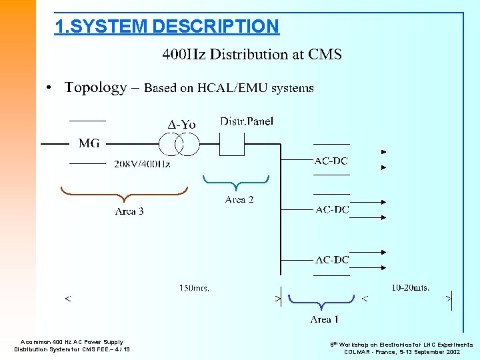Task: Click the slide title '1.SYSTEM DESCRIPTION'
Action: coord(167,27)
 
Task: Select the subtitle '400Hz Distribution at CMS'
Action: coord(252,55)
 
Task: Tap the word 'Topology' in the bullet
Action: coord(95,87)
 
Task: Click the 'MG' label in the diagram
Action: coord(89,143)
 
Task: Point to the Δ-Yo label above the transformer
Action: coord(181,125)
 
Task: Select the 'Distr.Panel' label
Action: coord(247,121)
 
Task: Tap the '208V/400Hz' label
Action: coord(142,164)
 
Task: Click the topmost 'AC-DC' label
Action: coord(331,161)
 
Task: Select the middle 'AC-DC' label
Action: coord(332,210)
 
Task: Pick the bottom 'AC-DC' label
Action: coord(332,259)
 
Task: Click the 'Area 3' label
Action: coord(129,211)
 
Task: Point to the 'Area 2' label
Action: coord(239,199)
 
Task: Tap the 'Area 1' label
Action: coord(324,319)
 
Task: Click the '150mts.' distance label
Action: coord(194,288)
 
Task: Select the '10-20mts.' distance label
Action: coord(410,288)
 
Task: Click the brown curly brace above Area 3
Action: coord(123,195)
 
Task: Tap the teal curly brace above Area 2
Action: coord(236,182)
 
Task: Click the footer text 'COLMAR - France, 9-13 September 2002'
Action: coord(401,351)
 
